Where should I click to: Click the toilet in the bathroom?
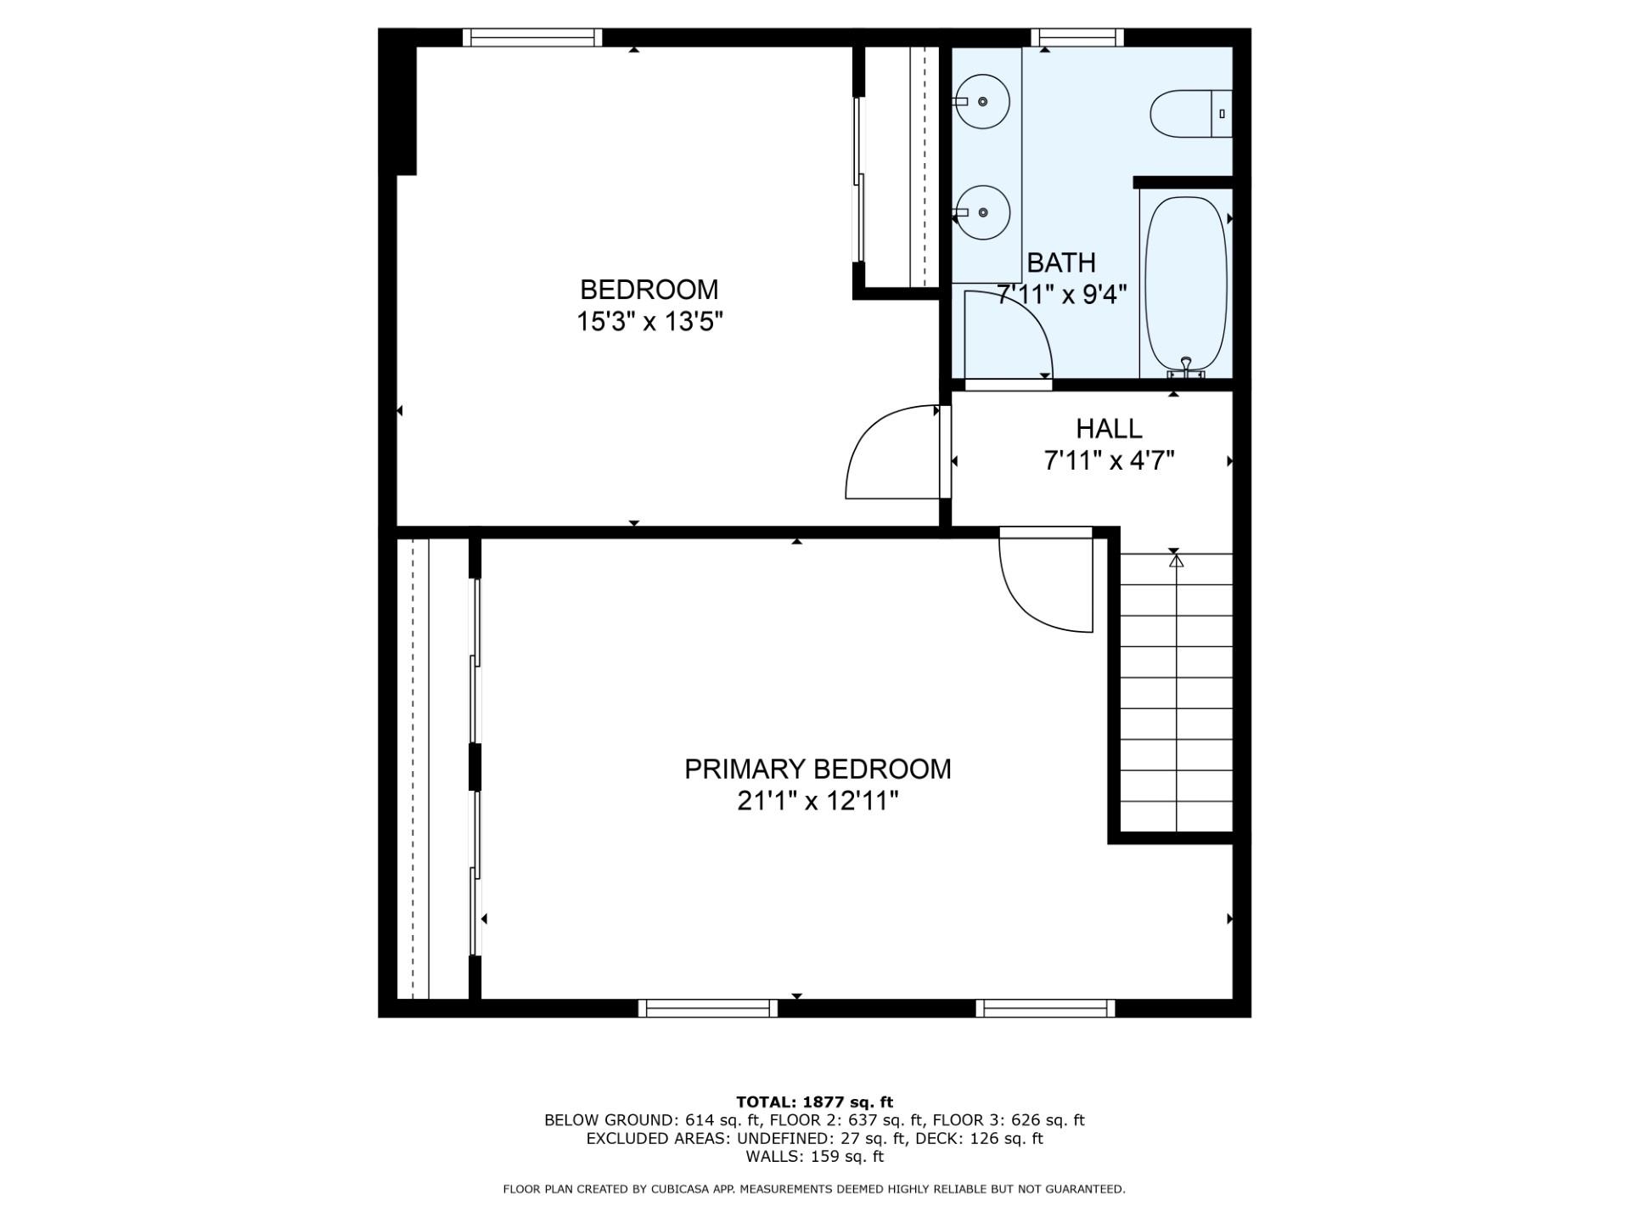[1191, 113]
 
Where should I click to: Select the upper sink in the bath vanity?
[983, 102]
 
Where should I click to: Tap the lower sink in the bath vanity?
[983, 212]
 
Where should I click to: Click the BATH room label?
[1061, 262]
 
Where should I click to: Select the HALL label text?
[1109, 428]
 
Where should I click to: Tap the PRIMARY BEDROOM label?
[818, 769]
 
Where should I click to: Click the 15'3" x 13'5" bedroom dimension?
[649, 322]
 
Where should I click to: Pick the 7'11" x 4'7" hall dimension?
[1109, 460]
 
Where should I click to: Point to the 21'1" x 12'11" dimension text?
[818, 801]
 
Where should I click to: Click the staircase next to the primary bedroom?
[1177, 692]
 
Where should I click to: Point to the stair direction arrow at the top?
[1176, 561]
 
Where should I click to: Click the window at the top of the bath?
[1077, 37]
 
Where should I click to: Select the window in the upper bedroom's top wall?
[532, 37]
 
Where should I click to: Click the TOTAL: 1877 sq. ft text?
[814, 1102]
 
